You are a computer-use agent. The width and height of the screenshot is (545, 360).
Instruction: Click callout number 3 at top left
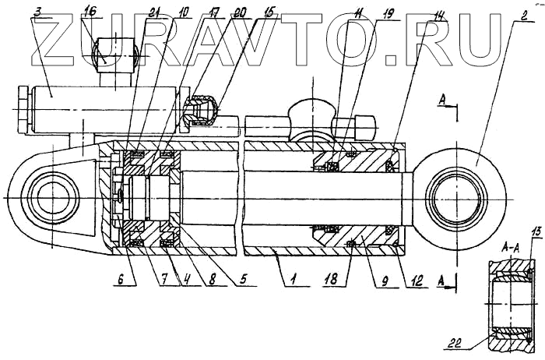(37, 12)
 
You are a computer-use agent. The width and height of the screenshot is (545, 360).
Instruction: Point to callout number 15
(270, 12)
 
